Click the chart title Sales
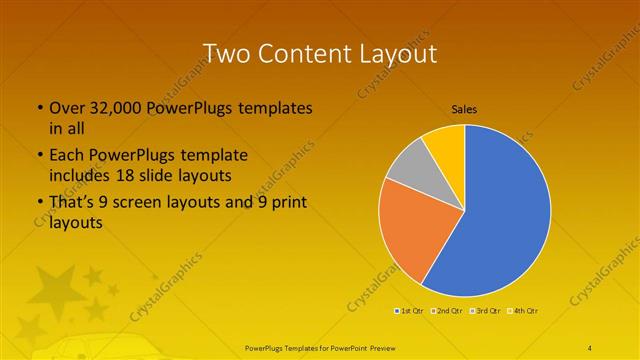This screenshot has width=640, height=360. (x=464, y=108)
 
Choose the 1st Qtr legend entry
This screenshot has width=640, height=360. (x=410, y=311)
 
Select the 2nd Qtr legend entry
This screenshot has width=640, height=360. (x=447, y=311)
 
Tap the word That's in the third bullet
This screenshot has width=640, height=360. (x=71, y=203)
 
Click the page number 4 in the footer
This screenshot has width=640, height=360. (x=590, y=346)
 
